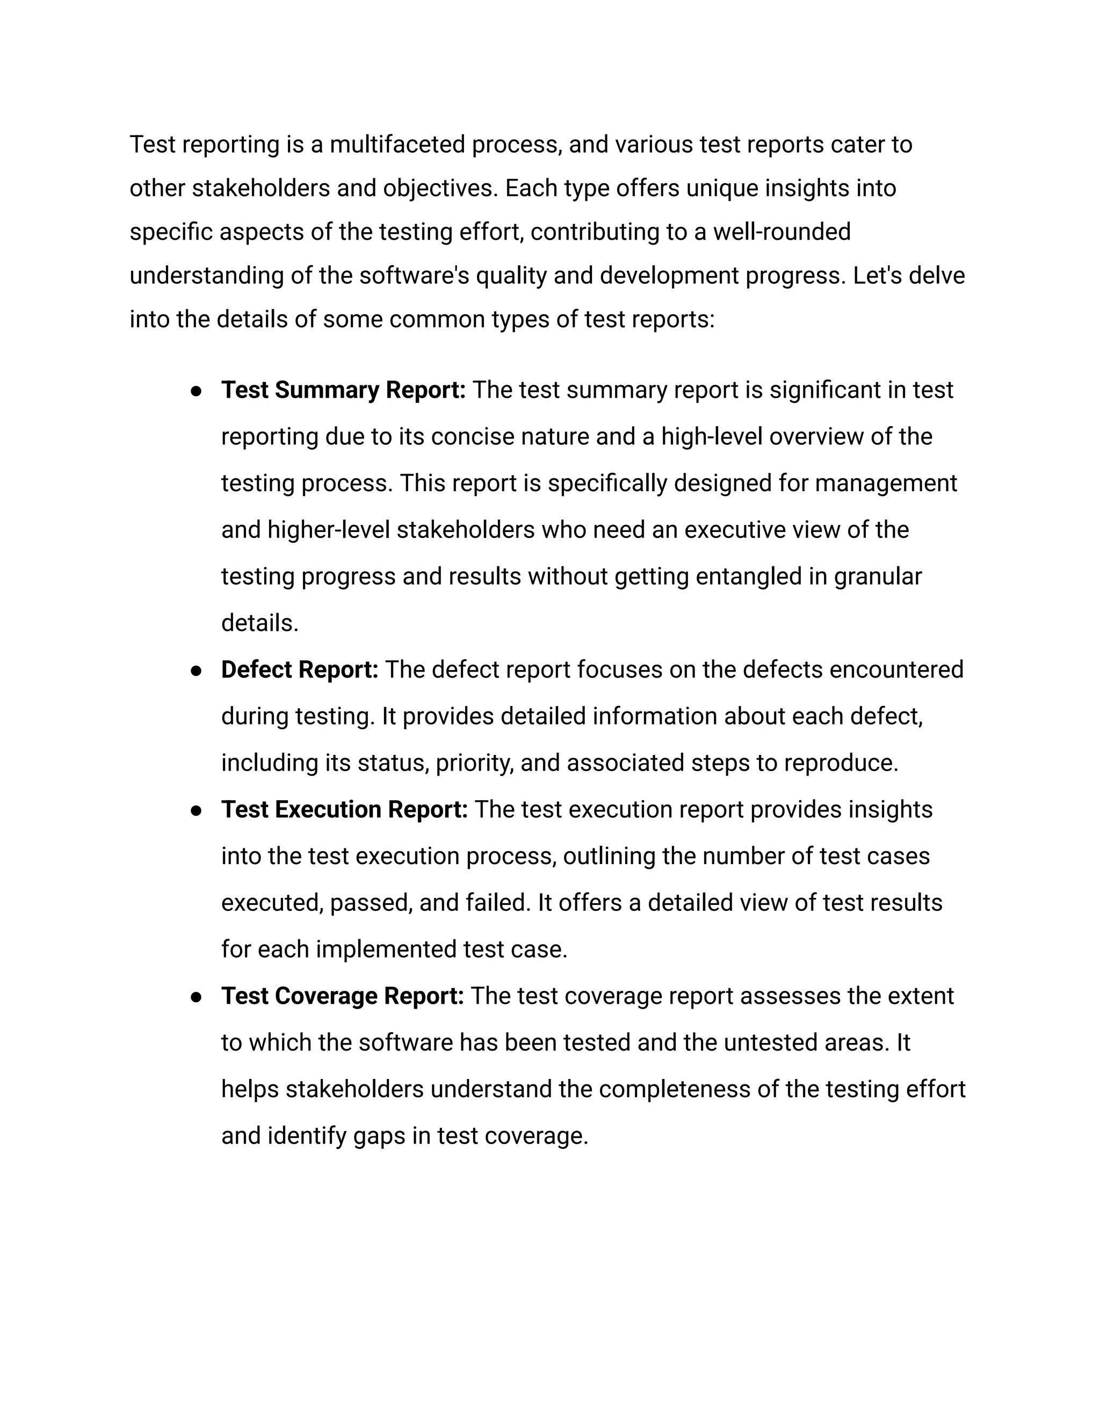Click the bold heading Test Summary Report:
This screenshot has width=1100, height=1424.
coord(343,390)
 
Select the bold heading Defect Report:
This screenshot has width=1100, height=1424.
coord(299,670)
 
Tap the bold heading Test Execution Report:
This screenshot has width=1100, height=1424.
coord(344,809)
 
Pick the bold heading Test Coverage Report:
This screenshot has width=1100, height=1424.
coord(342,996)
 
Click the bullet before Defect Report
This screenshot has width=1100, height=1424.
coord(196,671)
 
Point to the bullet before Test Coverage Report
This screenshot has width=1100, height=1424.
coord(196,997)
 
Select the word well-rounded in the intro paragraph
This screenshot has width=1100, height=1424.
coord(781,232)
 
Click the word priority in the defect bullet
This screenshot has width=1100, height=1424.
coord(474,763)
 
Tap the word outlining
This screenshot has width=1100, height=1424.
coord(609,856)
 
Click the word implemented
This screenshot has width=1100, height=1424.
coord(386,950)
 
